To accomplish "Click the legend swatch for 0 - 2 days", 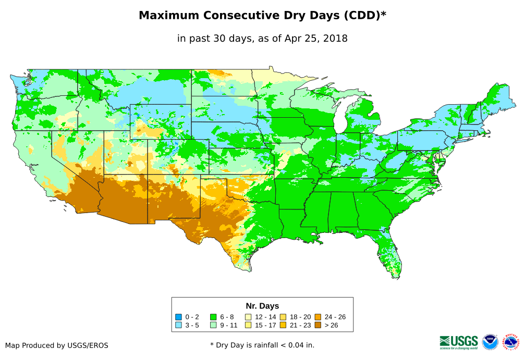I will [x=178, y=317].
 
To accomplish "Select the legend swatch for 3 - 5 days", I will [x=178, y=325].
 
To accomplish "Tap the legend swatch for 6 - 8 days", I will [x=213, y=317].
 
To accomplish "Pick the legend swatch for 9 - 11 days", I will [x=213, y=325].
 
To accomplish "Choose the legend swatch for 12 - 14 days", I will [x=248, y=317].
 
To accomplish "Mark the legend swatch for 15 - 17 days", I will [x=248, y=325].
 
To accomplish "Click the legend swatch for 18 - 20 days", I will [x=283, y=317].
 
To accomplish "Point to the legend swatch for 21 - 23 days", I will [x=283, y=325].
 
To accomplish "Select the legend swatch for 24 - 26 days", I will [x=318, y=317].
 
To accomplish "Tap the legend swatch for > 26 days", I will [x=318, y=325].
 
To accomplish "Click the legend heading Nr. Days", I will [x=262, y=306].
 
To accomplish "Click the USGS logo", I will [x=459, y=341].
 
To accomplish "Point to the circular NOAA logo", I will [x=490, y=342].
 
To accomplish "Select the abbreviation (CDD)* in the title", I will [x=363, y=16].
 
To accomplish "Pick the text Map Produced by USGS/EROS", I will [x=57, y=345].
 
